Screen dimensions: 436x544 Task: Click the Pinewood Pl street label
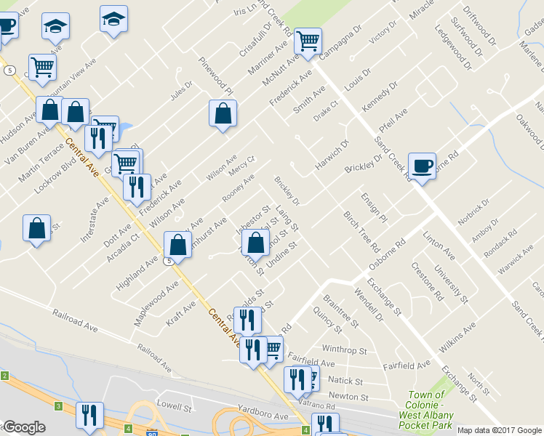[216, 77]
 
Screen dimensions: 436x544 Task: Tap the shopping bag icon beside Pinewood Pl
[223, 113]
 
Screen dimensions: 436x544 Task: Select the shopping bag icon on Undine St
[255, 243]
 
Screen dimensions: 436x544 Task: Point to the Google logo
[23, 427]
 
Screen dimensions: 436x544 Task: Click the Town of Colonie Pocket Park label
[429, 410]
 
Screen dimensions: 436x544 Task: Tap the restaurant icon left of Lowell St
[90, 415]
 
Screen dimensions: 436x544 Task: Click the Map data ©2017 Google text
[500, 430]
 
